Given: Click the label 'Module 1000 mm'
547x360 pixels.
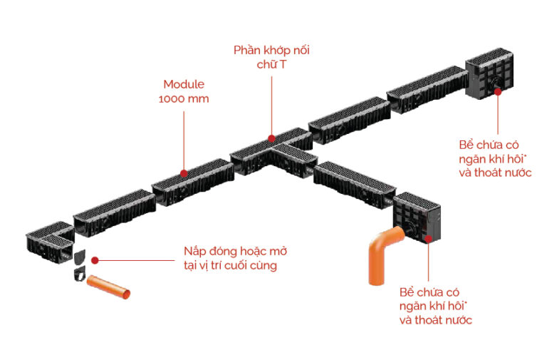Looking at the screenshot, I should (x=184, y=91).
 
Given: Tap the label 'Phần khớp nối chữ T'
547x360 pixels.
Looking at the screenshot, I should (x=272, y=57).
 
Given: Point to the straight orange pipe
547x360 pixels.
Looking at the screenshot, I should (x=108, y=288).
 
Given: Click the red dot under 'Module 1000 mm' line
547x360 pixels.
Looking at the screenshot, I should (x=184, y=172).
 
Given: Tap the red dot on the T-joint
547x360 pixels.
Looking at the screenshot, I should (x=271, y=138).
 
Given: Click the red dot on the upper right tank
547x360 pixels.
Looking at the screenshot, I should (x=497, y=91).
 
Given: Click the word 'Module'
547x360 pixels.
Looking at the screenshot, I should (x=184, y=84).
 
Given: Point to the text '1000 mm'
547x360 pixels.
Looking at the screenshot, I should (x=184, y=99).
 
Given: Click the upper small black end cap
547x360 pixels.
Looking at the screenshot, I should (x=79, y=255).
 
